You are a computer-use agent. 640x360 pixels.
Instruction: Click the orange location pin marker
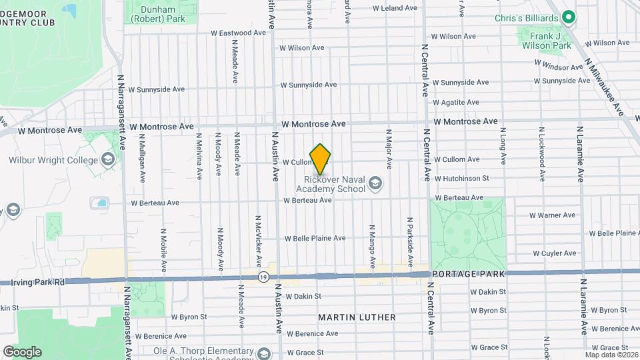click(x=321, y=159)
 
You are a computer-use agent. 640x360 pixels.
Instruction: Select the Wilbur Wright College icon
click(x=108, y=159)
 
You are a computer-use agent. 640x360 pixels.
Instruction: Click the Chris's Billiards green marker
click(x=569, y=17)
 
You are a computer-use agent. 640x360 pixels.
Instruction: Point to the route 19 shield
click(x=265, y=276)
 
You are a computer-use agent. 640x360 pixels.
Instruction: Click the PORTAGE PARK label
click(x=469, y=274)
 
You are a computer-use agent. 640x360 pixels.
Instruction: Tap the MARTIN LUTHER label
click(x=357, y=317)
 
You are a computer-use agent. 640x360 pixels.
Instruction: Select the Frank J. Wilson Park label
click(x=546, y=40)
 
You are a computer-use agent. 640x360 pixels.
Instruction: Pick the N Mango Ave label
click(x=372, y=244)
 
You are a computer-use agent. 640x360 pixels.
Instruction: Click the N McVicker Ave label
click(x=259, y=239)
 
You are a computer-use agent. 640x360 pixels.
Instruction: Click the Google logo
click(x=22, y=351)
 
